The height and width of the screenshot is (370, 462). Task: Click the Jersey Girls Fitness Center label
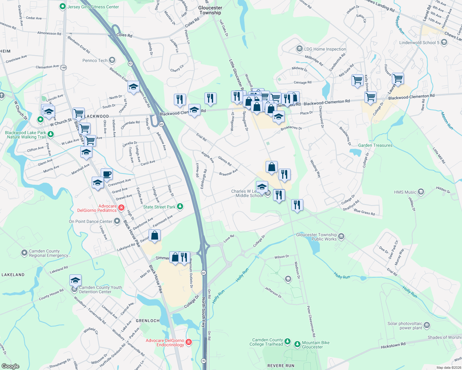click(x=93, y=7)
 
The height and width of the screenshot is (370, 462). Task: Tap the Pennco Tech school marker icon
click(x=112, y=60)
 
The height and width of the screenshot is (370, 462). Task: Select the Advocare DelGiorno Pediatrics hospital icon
click(x=121, y=208)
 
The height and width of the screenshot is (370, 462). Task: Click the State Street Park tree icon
click(x=180, y=207)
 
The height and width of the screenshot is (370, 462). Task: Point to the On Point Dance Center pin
click(x=117, y=221)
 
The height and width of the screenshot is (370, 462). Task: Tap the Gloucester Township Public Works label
click(x=316, y=237)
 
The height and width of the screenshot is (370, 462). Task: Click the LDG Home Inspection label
click(x=325, y=49)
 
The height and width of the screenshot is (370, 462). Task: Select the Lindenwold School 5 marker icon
click(x=444, y=43)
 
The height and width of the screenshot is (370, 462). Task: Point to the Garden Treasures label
click(x=375, y=145)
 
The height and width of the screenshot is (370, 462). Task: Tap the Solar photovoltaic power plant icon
click(x=427, y=325)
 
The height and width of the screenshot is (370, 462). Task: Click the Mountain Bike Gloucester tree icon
click(x=297, y=344)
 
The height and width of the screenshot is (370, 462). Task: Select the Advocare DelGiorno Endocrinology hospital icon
click(x=189, y=342)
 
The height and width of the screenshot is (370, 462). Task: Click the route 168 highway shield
click(x=63, y=68)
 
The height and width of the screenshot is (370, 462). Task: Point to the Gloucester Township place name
click(x=210, y=10)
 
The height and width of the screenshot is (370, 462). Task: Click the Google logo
click(x=10, y=366)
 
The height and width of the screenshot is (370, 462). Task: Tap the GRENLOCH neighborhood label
click(x=148, y=321)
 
